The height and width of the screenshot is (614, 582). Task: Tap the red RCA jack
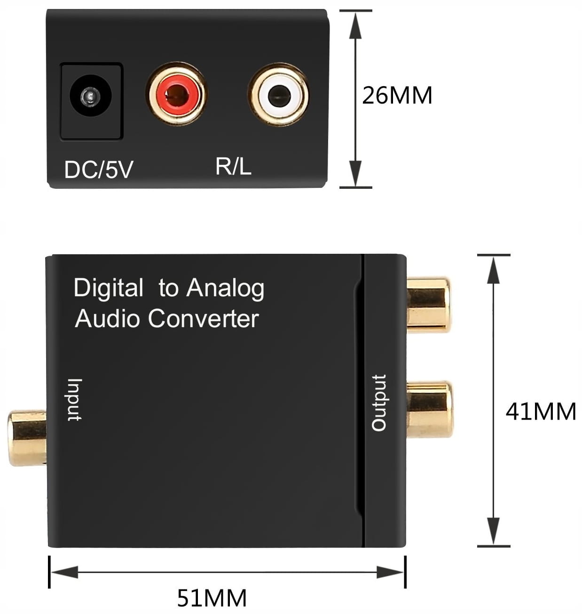[177, 94]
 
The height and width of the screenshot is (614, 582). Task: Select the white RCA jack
[278, 94]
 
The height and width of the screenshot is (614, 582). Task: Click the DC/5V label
[99, 170]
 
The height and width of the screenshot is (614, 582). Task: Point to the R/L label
[233, 166]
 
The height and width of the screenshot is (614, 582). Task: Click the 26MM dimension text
[397, 95]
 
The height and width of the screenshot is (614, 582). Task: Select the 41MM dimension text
[541, 412]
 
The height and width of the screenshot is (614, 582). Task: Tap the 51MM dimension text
[212, 598]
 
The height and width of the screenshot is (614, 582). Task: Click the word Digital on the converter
[109, 288]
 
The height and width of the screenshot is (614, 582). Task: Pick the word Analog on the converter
[225, 288]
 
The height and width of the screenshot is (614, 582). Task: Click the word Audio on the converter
[108, 319]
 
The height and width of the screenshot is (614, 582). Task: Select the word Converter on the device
[203, 319]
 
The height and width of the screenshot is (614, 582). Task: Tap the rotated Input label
[74, 399]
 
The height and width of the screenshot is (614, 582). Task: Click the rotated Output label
[379, 403]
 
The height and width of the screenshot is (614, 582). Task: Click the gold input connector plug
[27, 438]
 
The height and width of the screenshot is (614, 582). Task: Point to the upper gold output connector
[428, 305]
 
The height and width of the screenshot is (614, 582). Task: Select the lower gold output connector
[429, 410]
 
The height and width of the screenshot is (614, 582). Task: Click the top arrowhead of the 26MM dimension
[355, 24]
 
